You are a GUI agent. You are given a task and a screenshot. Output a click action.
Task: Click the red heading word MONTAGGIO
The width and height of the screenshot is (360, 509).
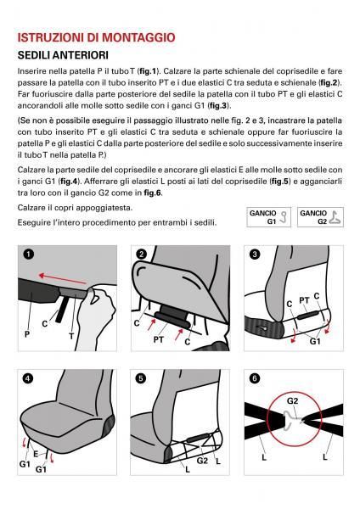click(x=138, y=37)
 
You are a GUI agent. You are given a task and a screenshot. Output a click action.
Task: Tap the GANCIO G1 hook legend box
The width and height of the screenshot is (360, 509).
click(x=268, y=217)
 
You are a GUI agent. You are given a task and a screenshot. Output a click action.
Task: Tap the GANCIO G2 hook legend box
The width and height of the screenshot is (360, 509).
click(x=320, y=217)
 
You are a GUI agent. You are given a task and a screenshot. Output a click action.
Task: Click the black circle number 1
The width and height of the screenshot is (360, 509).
click(x=29, y=254)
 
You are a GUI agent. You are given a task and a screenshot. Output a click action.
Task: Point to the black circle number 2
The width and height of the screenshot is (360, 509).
click(x=141, y=254)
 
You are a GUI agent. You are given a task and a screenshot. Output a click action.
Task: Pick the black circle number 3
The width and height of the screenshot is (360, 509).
click(x=255, y=254)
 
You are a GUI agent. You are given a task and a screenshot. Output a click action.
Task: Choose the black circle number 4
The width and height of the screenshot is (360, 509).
click(x=28, y=378)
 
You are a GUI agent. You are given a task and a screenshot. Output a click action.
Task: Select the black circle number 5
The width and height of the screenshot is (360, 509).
click(x=141, y=378)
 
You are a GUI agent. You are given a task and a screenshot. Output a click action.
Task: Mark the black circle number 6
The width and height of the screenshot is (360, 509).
click(x=255, y=378)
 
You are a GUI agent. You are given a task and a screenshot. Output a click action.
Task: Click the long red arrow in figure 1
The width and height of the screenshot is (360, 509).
click(x=63, y=279)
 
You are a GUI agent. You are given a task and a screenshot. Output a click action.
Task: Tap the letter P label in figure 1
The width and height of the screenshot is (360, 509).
click(x=27, y=334)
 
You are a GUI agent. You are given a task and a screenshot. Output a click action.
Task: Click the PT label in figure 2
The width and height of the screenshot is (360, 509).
click(x=158, y=340)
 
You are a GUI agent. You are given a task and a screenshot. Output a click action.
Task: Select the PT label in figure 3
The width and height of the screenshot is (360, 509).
click(x=304, y=300)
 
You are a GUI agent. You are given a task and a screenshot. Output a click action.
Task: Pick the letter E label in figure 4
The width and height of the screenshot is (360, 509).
click(x=36, y=454)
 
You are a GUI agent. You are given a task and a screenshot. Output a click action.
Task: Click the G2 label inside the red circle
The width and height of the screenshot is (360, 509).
click(x=292, y=401)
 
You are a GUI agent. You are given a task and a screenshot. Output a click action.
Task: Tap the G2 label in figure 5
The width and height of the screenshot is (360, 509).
click(x=202, y=461)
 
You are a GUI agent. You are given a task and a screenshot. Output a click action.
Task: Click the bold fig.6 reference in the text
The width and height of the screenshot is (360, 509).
click(x=153, y=193)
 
